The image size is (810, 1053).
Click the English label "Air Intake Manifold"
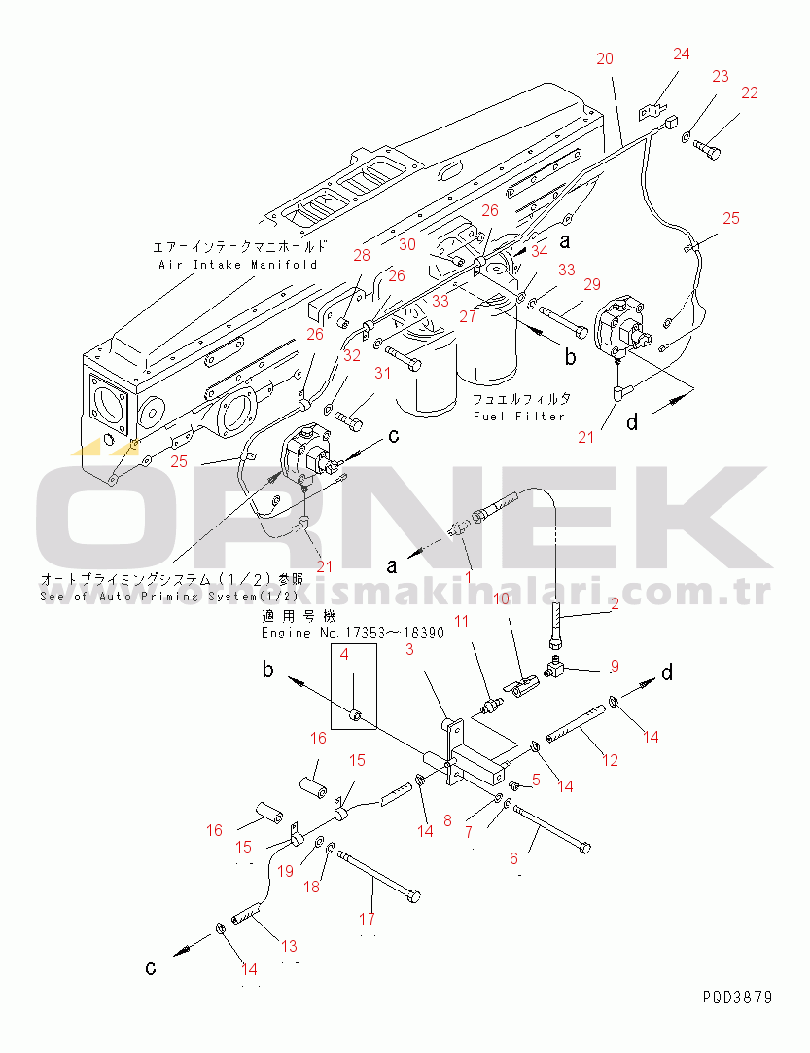click(238, 264)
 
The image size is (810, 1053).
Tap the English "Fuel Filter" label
click(519, 417)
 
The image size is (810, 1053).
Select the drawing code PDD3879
click(738, 998)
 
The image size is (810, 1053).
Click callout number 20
click(605, 58)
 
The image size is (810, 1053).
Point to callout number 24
click(682, 54)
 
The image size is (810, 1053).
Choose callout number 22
click(749, 93)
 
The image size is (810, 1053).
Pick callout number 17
click(367, 918)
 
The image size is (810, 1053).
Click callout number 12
click(610, 761)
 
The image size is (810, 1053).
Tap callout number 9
click(614, 667)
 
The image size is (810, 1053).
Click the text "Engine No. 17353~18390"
click(353, 633)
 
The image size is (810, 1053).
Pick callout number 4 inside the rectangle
click(344, 655)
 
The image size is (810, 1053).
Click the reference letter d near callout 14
click(667, 673)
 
